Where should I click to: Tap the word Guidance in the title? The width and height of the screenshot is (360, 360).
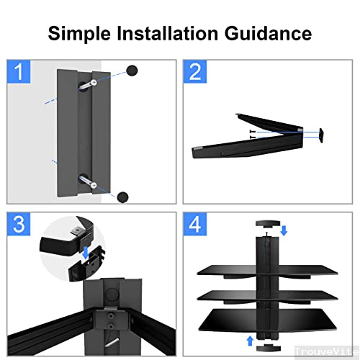[x=272, y=33]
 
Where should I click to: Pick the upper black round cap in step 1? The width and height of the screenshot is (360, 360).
[x=132, y=70]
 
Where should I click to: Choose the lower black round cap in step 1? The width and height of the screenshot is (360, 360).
[x=122, y=194]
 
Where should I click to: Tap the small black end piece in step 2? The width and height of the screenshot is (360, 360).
[x=321, y=133]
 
